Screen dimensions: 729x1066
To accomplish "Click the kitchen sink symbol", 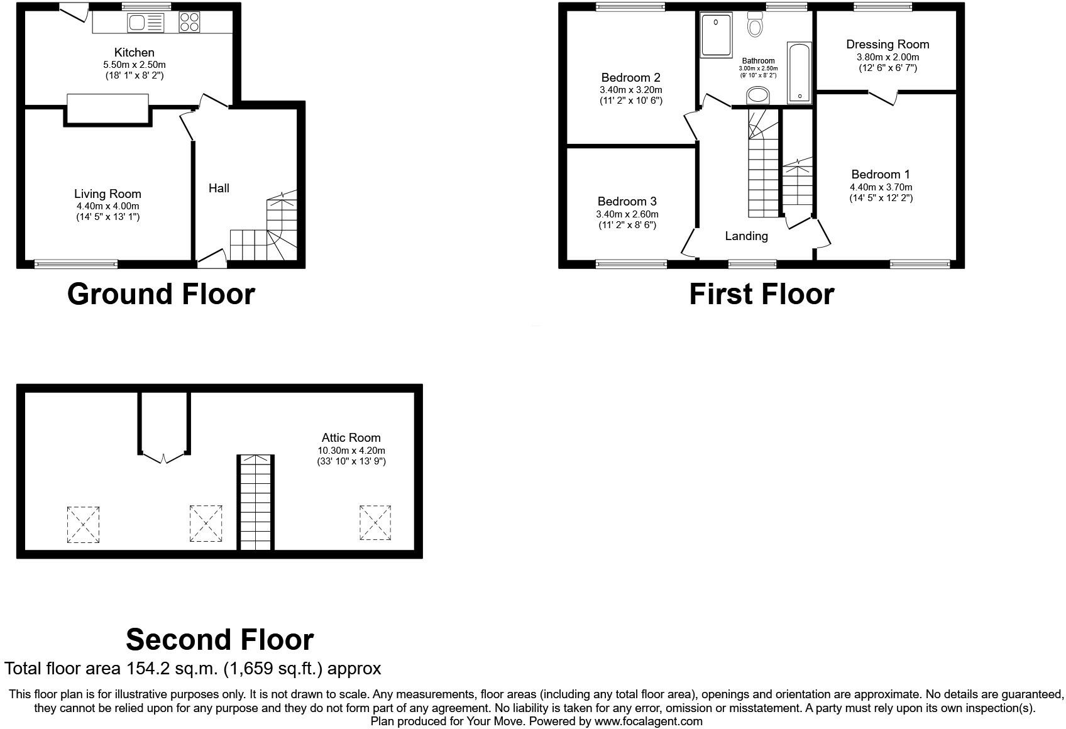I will [145, 23].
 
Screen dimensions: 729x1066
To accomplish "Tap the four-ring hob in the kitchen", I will [189, 23].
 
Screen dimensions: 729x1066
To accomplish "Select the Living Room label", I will [107, 194].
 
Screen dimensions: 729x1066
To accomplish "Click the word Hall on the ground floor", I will [219, 188].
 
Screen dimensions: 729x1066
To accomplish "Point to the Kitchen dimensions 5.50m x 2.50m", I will [135, 64].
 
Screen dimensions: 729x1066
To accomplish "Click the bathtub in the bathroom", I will [799, 72].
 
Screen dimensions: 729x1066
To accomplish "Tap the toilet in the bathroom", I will [755, 25].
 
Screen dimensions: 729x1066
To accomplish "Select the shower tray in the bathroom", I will [717, 35].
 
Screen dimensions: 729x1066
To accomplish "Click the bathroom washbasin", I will [758, 96].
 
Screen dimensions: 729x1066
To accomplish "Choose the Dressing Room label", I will [887, 44].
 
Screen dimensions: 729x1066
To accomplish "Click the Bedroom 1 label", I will [880, 174].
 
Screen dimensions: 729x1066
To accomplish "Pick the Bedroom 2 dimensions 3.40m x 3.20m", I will [630, 89].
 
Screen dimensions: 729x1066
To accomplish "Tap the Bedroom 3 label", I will [627, 201].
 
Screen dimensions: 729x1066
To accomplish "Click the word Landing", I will [746, 236].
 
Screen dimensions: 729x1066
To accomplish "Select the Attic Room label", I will [351, 437].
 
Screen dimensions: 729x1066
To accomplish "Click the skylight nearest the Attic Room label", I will [375, 522].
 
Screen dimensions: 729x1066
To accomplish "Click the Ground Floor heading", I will [161, 294].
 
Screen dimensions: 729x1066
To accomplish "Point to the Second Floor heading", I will [219, 640].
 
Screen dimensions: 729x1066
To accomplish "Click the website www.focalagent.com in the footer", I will [648, 721].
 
